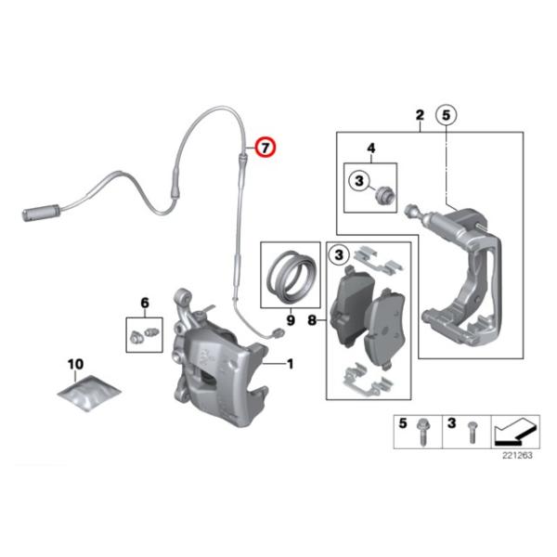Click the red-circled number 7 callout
point(266,147)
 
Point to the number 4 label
point(371,149)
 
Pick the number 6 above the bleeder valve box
point(145,303)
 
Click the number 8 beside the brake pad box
point(312,320)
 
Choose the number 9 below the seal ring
point(290,320)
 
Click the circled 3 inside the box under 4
point(358,179)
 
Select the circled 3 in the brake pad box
point(339,253)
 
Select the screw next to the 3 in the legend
point(470,430)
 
